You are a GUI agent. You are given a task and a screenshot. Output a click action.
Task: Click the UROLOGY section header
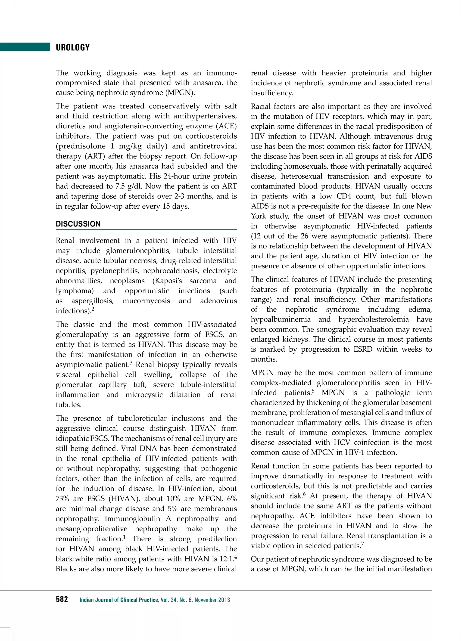click(73, 48)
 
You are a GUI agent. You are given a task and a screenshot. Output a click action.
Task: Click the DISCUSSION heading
click(78, 224)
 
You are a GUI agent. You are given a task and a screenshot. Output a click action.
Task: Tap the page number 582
click(62, 599)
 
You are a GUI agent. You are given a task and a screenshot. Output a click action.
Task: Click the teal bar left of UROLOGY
click(25, 47)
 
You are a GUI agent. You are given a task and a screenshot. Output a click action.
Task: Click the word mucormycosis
click(146, 301)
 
